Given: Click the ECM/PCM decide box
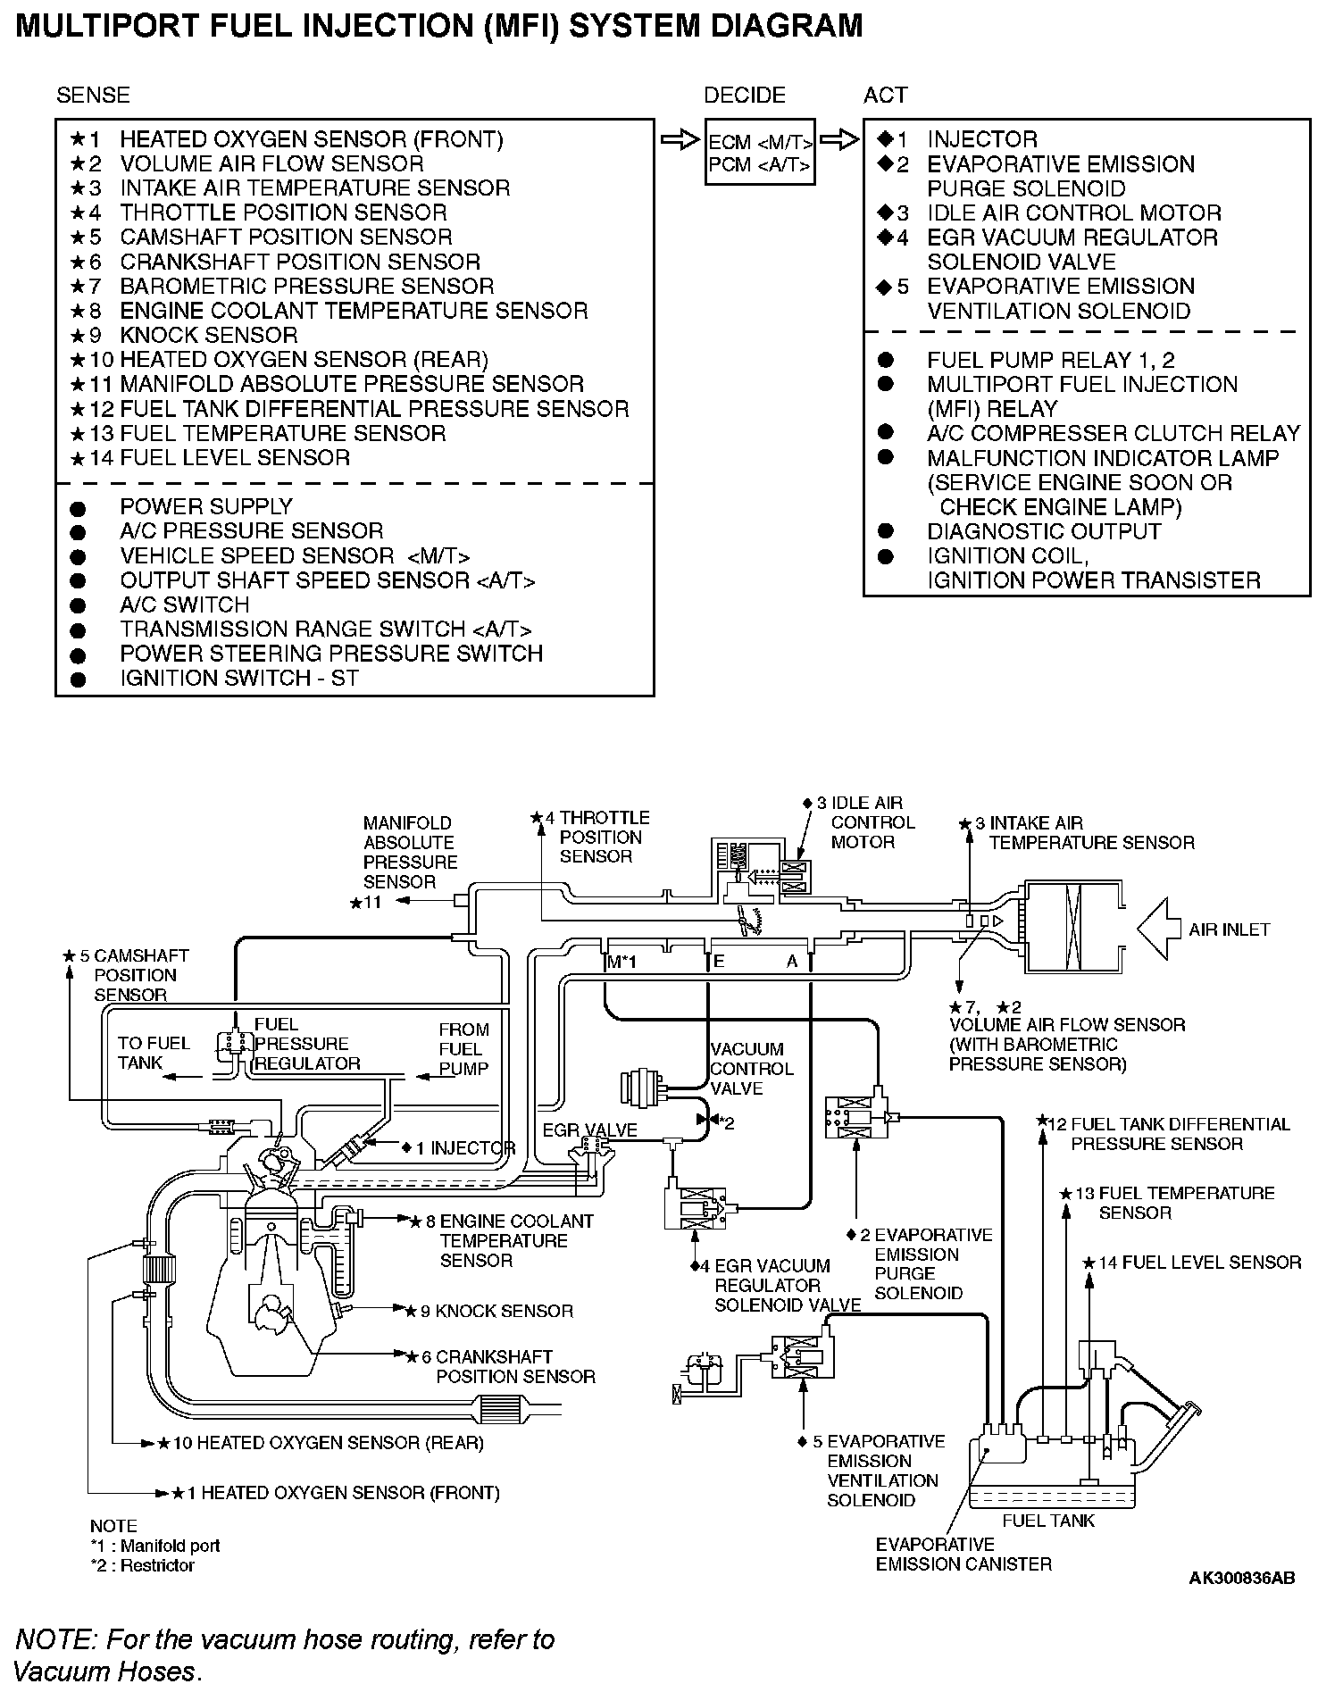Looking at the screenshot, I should click(760, 153).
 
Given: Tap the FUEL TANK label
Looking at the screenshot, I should click(1047, 1520).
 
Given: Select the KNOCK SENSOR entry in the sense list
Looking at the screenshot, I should click(208, 335).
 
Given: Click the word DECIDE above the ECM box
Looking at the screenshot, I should click(744, 96).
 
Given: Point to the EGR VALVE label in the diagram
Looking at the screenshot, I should click(589, 1130).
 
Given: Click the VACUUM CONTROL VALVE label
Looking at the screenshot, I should click(751, 1068).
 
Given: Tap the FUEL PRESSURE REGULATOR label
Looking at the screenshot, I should click(306, 1044).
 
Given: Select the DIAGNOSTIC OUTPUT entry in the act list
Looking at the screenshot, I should click(1043, 531).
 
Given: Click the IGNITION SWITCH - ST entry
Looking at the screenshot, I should click(238, 678).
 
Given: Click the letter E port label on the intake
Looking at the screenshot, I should click(718, 962).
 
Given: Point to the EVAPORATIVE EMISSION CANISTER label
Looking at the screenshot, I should click(963, 1554).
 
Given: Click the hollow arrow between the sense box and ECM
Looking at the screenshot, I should click(680, 140).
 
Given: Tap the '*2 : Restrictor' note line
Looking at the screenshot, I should click(142, 1564).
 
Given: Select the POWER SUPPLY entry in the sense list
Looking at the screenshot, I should click(206, 506).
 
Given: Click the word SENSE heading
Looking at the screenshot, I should click(93, 96).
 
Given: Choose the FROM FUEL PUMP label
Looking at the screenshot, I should click(463, 1048).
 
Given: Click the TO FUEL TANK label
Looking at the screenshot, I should click(154, 1053).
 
